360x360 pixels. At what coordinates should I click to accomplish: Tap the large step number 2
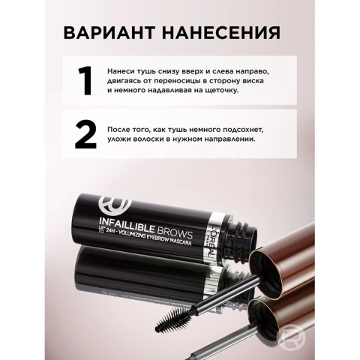coord(85,136)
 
